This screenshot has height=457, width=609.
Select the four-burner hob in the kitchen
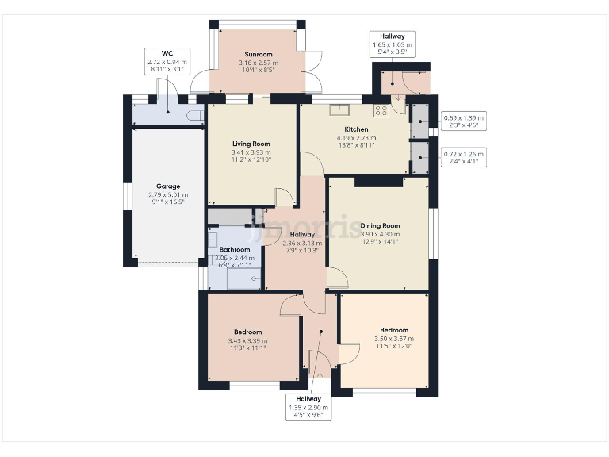tap(381, 111)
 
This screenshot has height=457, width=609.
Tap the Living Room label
tap(251, 144)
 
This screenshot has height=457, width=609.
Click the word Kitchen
tap(356, 129)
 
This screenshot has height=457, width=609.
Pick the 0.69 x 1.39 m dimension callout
tap(463, 121)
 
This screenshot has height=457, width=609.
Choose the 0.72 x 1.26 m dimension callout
tap(463, 157)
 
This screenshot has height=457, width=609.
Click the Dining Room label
tap(381, 225)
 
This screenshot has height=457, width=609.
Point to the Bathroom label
tap(235, 249)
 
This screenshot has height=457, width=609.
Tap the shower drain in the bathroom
tap(254, 279)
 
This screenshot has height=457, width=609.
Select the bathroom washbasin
tap(212, 238)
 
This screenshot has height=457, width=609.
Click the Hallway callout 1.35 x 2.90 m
tap(308, 407)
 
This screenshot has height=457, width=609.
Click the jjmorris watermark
tap(304, 228)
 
